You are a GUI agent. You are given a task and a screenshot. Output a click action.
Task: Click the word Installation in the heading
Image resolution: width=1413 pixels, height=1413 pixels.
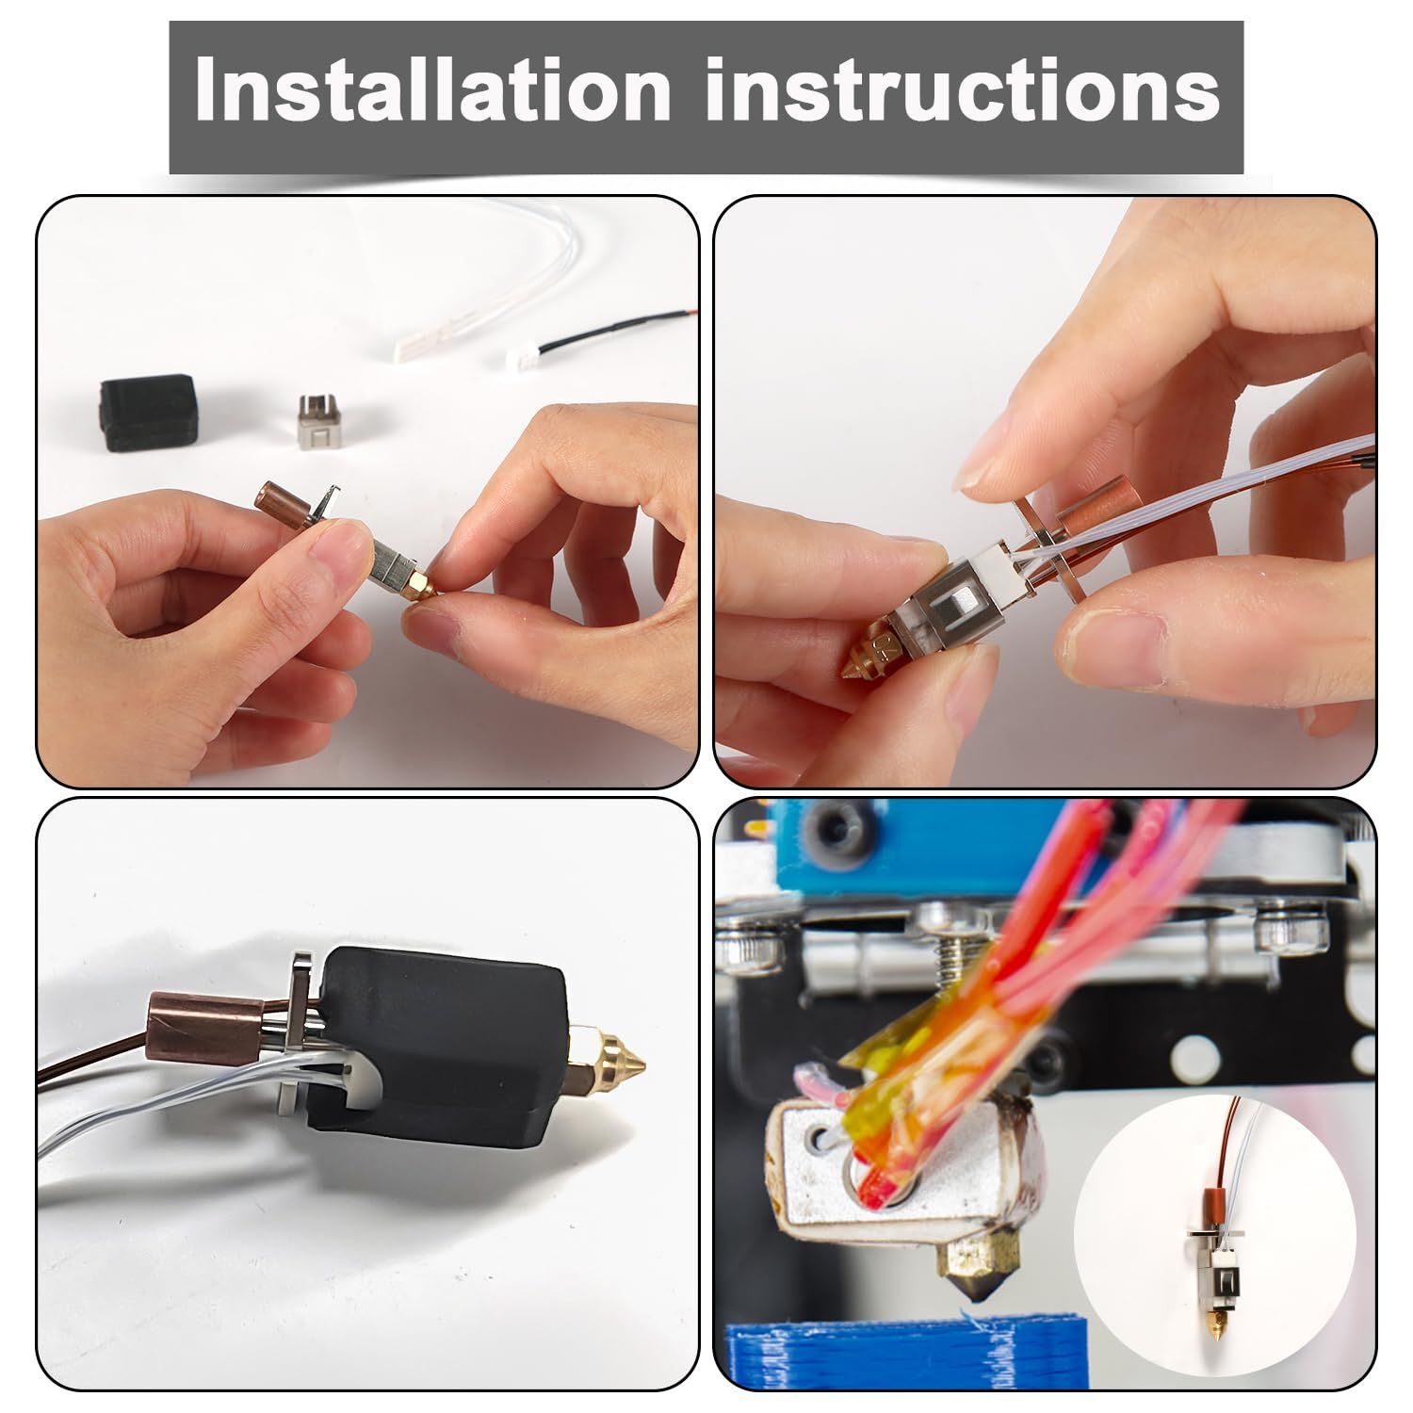[x=432, y=90]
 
